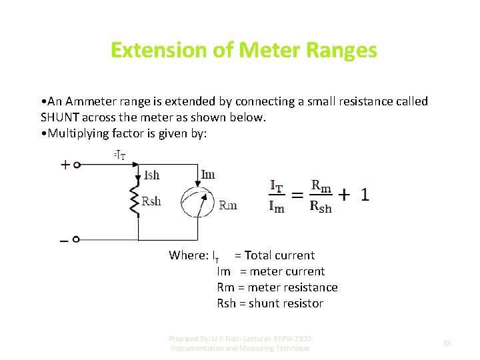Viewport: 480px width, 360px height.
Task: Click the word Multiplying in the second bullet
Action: tap(78, 133)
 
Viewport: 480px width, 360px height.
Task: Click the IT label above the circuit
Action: tap(121, 155)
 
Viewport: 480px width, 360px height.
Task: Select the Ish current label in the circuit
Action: tap(152, 175)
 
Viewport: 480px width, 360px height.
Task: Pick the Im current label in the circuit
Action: tap(207, 175)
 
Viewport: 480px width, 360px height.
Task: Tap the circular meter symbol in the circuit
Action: tap(198, 203)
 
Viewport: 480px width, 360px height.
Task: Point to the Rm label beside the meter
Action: tap(228, 205)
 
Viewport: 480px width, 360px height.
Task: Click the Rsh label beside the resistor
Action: tap(152, 201)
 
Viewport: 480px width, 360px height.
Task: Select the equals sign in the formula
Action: tap(297, 195)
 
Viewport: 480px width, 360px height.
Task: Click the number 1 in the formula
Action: tap(365, 195)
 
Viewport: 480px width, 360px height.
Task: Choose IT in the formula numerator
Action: tap(277, 184)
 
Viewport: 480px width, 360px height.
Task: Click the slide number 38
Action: tap(447, 343)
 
